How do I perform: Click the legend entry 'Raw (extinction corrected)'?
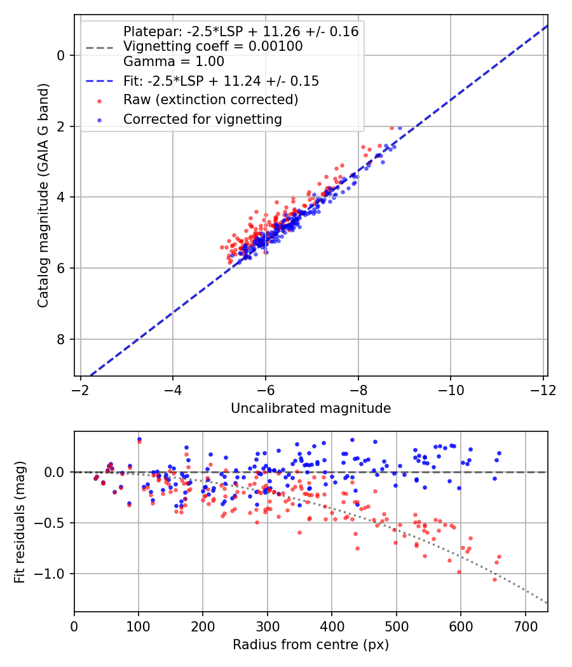pyautogui.click(x=210, y=100)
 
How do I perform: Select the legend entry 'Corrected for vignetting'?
pyautogui.click(x=203, y=119)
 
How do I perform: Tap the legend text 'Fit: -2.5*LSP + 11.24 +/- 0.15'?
pyautogui.click(x=221, y=81)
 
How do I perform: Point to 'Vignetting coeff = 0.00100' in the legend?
pyautogui.click(x=213, y=46)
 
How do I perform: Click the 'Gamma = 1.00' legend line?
pyautogui.click(x=174, y=62)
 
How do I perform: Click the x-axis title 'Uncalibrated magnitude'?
pyautogui.click(x=311, y=408)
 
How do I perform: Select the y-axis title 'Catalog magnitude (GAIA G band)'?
pyautogui.click(x=43, y=198)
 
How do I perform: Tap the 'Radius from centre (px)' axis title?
pyautogui.click(x=311, y=645)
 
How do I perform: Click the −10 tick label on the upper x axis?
pyautogui.click(x=451, y=389)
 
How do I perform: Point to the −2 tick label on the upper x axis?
pyautogui.click(x=80, y=389)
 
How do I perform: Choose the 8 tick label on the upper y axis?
pyautogui.click(x=62, y=339)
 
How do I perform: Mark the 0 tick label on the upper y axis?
pyautogui.click(x=62, y=55)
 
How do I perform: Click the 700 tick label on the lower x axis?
pyautogui.click(x=525, y=626)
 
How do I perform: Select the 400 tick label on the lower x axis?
pyautogui.click(x=332, y=626)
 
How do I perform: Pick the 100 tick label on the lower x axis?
pyautogui.click(x=139, y=626)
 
